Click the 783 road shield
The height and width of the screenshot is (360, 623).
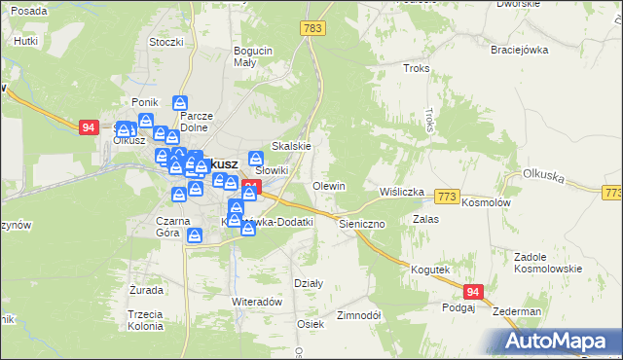coord(312,30)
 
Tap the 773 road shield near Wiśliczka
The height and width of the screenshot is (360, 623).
coord(447,197)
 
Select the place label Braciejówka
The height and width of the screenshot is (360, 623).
coord(520,50)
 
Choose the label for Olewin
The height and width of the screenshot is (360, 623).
coord(329,186)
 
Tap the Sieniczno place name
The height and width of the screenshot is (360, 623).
coord(362,223)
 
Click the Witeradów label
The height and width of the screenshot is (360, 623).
coord(257,302)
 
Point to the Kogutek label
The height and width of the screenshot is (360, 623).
coord(429,270)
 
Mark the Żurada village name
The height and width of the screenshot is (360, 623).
coord(145,290)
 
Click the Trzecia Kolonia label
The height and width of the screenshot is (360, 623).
coord(144,320)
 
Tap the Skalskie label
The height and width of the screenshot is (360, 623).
coord(291,146)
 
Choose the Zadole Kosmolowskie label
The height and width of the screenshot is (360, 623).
coord(548,263)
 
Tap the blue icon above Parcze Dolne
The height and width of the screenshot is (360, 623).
coord(180,102)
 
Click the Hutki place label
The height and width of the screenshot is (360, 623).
coord(26,42)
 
